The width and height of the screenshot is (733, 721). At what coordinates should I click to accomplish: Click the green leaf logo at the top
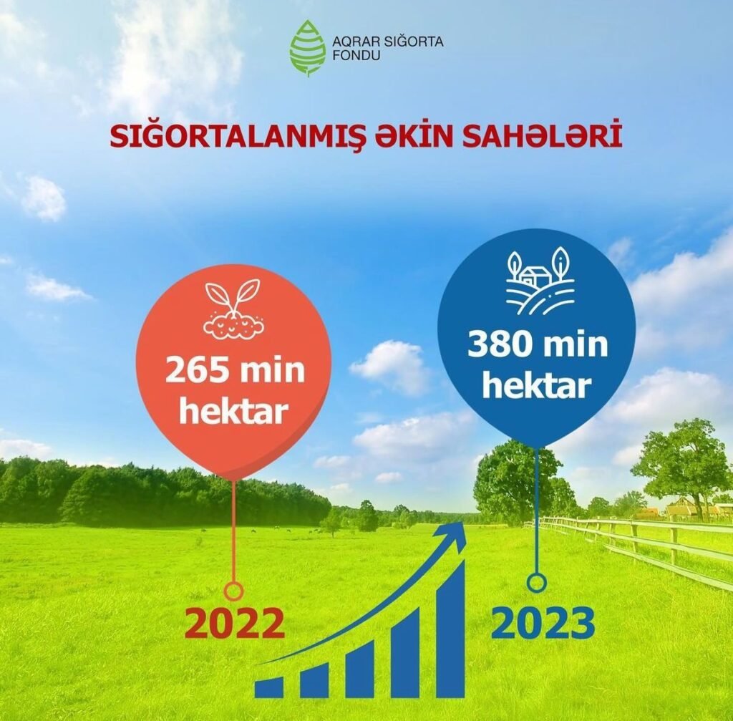pyautogui.click(x=307, y=47)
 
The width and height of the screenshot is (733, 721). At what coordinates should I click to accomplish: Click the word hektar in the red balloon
pyautogui.click(x=234, y=410)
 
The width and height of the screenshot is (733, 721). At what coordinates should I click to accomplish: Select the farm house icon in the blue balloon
pyautogui.click(x=537, y=280)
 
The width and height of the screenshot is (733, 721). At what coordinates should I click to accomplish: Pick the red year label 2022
pyautogui.click(x=235, y=624)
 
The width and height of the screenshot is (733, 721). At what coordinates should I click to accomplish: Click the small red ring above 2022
pyautogui.click(x=234, y=591)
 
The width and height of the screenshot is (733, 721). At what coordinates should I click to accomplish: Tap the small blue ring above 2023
pyautogui.click(x=537, y=583)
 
